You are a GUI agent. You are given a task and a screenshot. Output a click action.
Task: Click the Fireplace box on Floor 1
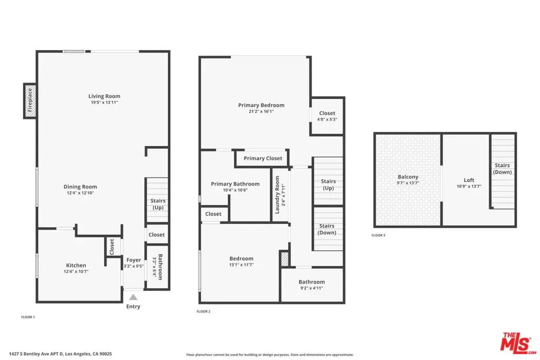(30, 101)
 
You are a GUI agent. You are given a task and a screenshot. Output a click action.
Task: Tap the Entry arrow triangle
(133, 297)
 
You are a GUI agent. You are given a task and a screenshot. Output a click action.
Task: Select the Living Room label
(104, 96)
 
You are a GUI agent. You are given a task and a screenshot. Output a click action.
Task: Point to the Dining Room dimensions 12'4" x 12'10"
(80, 193)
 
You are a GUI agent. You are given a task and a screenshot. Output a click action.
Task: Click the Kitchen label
(76, 265)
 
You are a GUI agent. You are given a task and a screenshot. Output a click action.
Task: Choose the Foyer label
(133, 260)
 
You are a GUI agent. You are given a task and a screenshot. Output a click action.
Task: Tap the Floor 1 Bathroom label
(160, 267)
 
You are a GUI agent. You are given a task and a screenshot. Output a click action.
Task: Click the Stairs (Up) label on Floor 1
(158, 204)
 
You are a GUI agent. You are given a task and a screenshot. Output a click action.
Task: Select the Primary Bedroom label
(262, 105)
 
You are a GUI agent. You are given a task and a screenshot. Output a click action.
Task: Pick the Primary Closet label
(263, 158)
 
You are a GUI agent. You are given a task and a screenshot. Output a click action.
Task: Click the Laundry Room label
(277, 195)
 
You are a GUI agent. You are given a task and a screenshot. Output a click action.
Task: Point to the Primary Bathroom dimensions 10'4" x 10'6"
(235, 190)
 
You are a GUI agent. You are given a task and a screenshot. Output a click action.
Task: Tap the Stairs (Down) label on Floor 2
(327, 229)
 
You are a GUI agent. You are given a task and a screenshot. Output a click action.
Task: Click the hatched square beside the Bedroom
(284, 259)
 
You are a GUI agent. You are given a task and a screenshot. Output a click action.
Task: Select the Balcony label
(408, 177)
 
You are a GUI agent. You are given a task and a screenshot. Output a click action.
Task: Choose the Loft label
(469, 180)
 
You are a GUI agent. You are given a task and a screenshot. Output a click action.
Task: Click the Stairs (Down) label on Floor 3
(503, 169)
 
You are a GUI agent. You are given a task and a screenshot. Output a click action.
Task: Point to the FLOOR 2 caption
(204, 312)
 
